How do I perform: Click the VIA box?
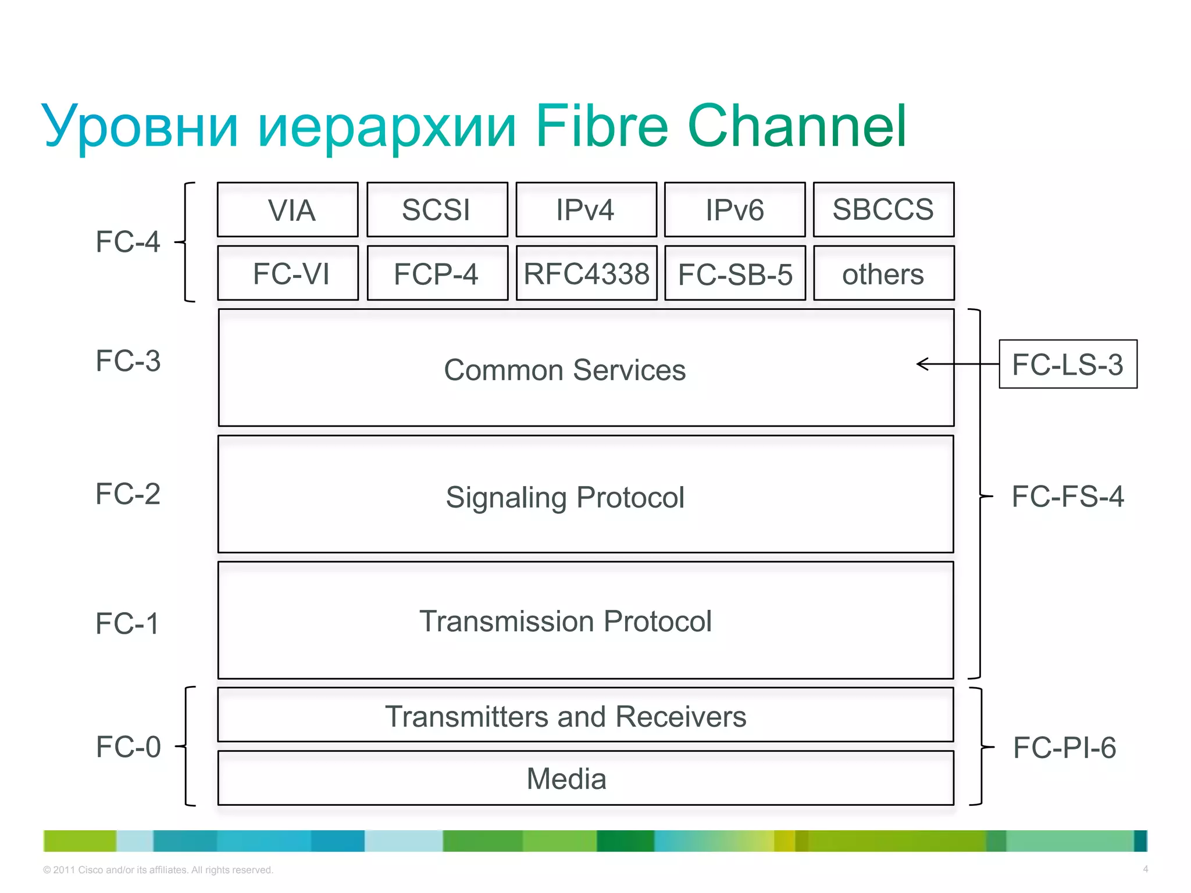(288, 210)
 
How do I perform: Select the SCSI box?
(437, 210)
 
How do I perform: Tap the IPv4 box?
(586, 210)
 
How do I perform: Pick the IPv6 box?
(734, 210)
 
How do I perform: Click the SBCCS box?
(883, 210)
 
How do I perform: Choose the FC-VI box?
(288, 273)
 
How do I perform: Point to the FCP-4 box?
(437, 273)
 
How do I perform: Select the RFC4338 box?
(586, 273)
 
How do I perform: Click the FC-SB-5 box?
(735, 273)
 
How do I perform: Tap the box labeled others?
(883, 273)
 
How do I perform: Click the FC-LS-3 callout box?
(1068, 364)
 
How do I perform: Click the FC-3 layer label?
(128, 361)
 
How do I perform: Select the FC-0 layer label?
(128, 747)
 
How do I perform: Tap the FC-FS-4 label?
(1068, 496)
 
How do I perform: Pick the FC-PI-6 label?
(1064, 748)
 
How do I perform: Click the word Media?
(566, 779)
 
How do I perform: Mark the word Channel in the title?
(797, 126)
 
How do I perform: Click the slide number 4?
(1145, 869)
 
